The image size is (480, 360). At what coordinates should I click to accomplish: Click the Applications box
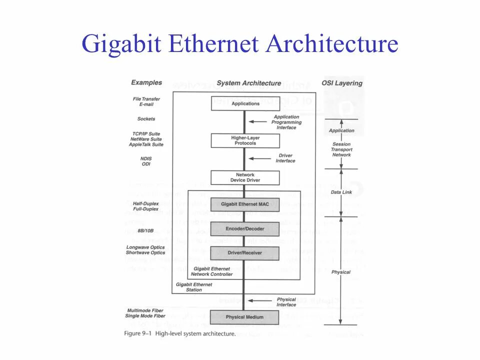[x=245, y=103]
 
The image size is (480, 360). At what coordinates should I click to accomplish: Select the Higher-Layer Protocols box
[x=245, y=140]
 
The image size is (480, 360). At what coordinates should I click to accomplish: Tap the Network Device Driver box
[x=245, y=177]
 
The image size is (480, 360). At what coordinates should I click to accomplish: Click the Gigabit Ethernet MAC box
[x=245, y=204]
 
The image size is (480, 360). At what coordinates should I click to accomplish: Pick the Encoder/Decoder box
[x=245, y=229]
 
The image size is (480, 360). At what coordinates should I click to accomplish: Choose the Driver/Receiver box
[x=245, y=253]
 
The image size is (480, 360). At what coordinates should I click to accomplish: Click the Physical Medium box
[x=245, y=317]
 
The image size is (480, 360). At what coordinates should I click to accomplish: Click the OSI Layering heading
[x=341, y=83]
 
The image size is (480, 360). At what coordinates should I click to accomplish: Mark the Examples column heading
[x=146, y=82]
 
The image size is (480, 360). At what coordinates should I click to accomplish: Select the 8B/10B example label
[x=145, y=230]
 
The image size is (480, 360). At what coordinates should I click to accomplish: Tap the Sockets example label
[x=146, y=119]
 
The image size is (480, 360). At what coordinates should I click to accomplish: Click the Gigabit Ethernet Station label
[x=194, y=287]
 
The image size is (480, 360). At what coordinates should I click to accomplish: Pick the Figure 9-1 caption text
[x=180, y=333]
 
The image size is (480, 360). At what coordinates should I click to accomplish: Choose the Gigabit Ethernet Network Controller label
[x=211, y=271]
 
